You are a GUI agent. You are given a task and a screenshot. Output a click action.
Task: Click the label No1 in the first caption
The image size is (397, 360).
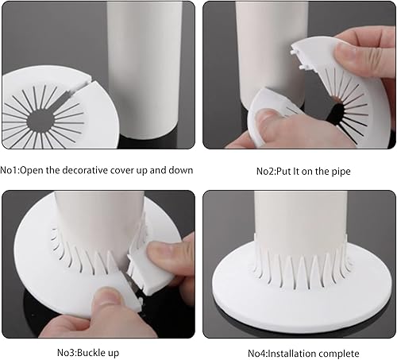point(10,170)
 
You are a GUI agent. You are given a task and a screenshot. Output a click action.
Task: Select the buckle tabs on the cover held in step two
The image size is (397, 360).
point(297,57)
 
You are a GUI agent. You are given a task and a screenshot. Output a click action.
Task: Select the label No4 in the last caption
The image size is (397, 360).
point(258,354)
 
